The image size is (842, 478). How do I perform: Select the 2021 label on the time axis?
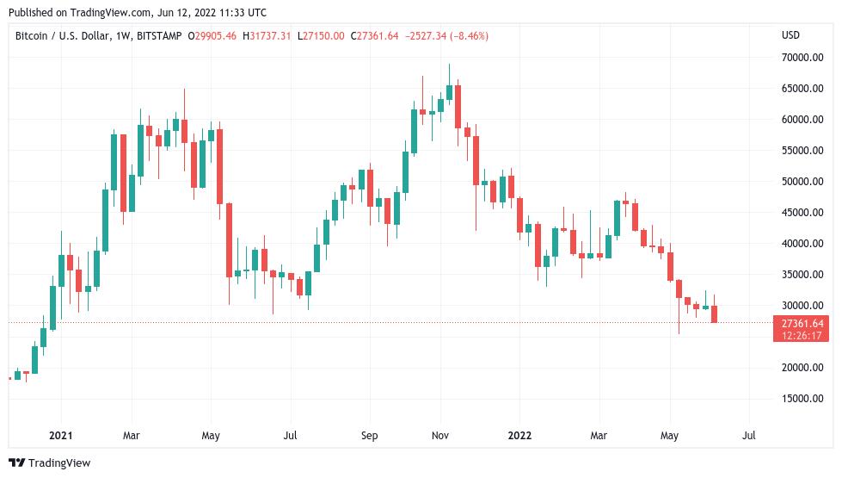[61, 436]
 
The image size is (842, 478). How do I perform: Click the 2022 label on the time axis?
[519, 436]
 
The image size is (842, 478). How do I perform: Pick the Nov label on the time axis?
[440, 436]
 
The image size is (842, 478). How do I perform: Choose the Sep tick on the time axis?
[369, 436]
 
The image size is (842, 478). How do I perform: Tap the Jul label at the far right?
[748, 436]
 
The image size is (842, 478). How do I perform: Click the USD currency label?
[790, 34]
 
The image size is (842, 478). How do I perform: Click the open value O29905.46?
[209, 34]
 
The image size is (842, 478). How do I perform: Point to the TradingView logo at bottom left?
[50, 463]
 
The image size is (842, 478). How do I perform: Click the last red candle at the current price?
[715, 314]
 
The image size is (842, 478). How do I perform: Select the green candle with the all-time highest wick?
[449, 91]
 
